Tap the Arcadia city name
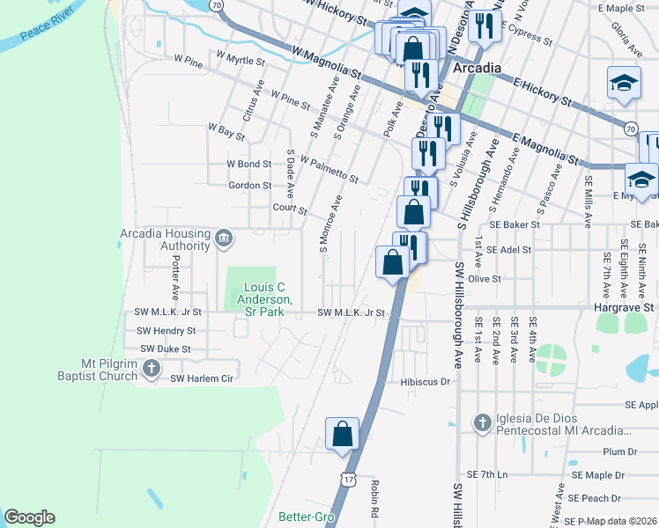[x=477, y=69]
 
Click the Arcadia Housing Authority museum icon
[x=224, y=237]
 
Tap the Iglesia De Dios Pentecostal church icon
[x=482, y=423]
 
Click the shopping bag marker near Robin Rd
[x=342, y=434]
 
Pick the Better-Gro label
[x=304, y=517]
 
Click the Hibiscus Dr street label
[x=425, y=382]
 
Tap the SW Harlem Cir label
[x=202, y=378]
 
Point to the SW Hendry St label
[x=166, y=331]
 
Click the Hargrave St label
[x=630, y=308]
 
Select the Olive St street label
[x=484, y=278]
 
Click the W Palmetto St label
[x=329, y=170]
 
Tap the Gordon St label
[x=249, y=186]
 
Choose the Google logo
[x=30, y=517]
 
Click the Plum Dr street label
[x=619, y=451]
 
